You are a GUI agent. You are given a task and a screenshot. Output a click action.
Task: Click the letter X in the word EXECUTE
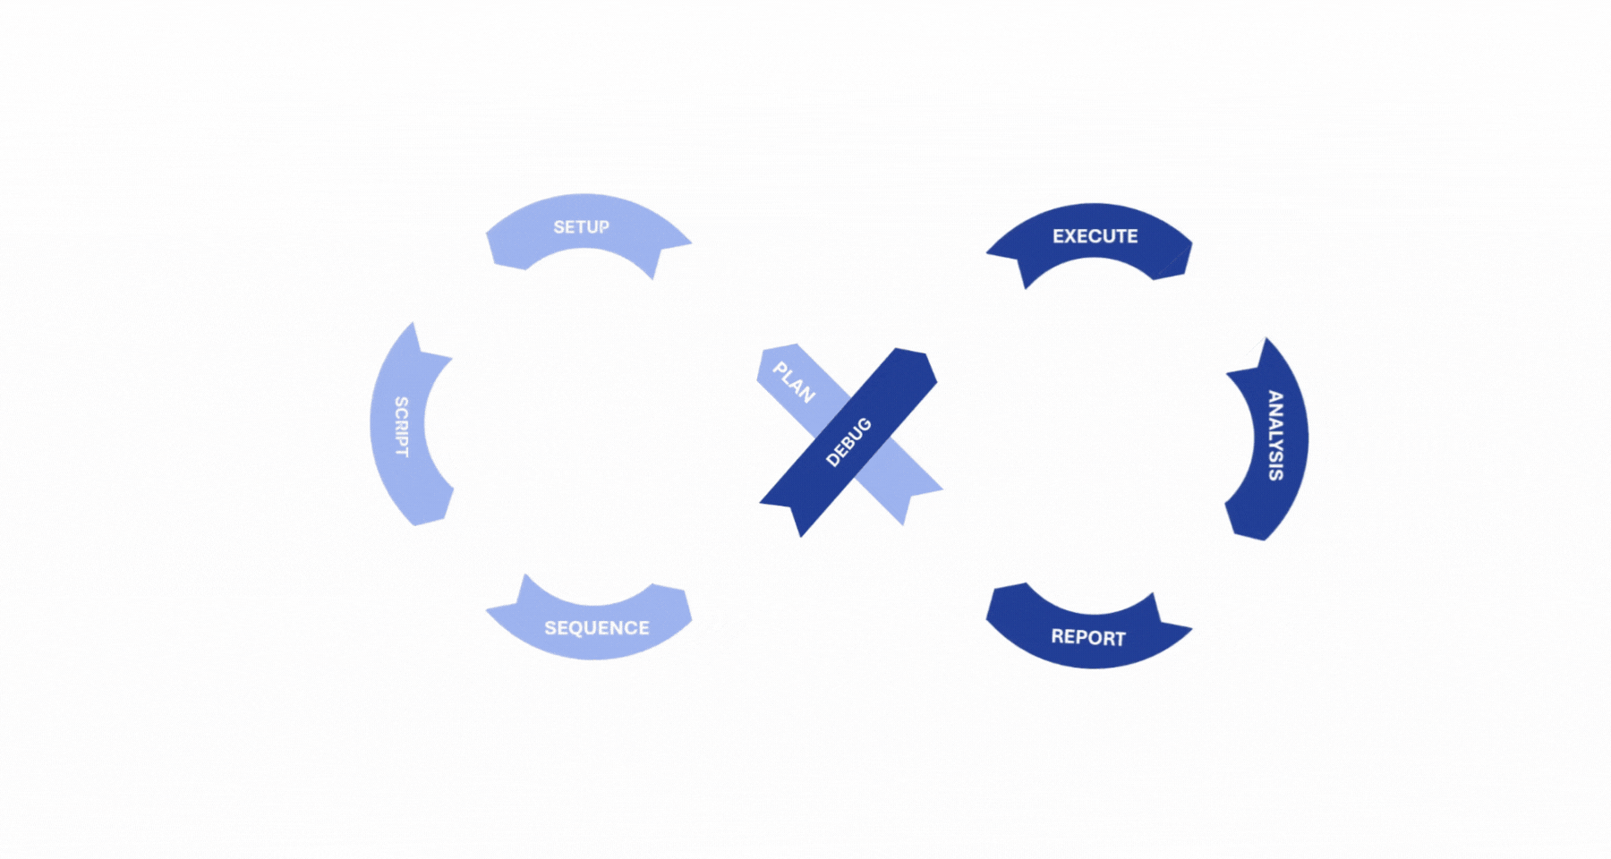pyautogui.click(x=1071, y=236)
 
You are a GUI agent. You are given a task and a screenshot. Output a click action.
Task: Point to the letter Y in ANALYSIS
pyautogui.click(x=1275, y=445)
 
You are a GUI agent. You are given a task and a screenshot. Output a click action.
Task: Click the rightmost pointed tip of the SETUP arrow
pyautogui.click(x=691, y=242)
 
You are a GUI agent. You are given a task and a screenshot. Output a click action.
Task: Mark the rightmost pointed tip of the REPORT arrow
pyautogui.click(x=1191, y=628)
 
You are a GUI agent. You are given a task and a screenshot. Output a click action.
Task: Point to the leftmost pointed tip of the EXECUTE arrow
pyautogui.click(x=987, y=253)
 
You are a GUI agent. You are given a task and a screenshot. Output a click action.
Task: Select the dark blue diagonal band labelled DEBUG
pyautogui.click(x=848, y=442)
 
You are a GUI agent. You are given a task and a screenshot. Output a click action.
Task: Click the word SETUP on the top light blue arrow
pyautogui.click(x=582, y=227)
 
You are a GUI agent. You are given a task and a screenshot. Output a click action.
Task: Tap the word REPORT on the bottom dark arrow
pyautogui.click(x=1088, y=637)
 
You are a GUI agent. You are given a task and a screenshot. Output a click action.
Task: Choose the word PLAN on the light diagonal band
pyautogui.click(x=794, y=382)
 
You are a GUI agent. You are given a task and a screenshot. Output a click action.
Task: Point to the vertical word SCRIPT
pyautogui.click(x=402, y=427)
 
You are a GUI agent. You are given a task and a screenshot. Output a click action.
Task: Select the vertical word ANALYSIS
pyautogui.click(x=1275, y=436)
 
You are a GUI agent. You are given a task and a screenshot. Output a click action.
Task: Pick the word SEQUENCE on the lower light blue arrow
pyautogui.click(x=597, y=628)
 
